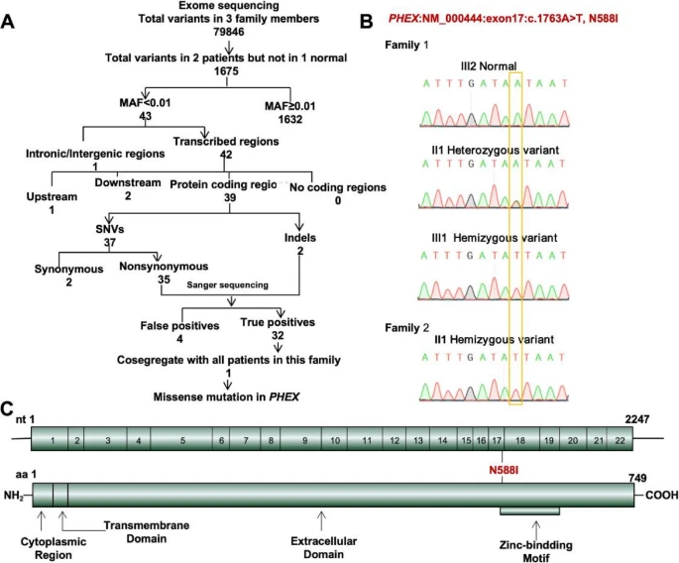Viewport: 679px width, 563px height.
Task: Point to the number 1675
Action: click(x=227, y=72)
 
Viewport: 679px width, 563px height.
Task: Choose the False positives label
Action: click(x=176, y=322)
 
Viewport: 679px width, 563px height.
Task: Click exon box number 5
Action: click(x=183, y=440)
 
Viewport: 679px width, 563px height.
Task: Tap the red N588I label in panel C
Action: click(x=506, y=467)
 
